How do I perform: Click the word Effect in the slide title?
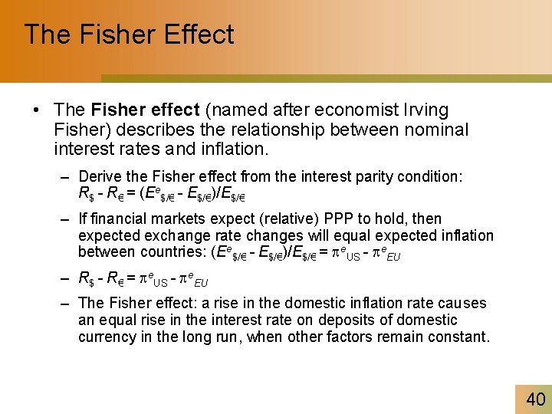click(x=197, y=34)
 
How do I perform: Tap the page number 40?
click(x=535, y=399)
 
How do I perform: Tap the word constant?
click(x=462, y=337)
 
